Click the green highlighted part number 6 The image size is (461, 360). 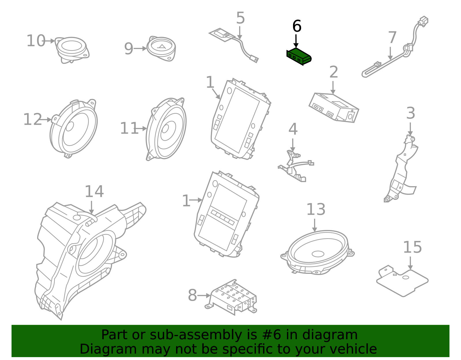click(x=298, y=56)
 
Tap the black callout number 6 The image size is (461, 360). click(x=296, y=26)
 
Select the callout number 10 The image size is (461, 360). click(x=36, y=41)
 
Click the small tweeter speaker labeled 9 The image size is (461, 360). click(x=161, y=48)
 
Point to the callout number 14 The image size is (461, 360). click(x=94, y=192)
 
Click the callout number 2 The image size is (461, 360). click(x=333, y=72)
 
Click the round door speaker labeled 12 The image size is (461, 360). click(x=74, y=128)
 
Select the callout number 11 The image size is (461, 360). click(x=129, y=129)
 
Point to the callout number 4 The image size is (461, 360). click(x=293, y=129)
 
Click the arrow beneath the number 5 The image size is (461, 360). click(x=239, y=33)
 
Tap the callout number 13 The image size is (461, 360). click(x=315, y=210)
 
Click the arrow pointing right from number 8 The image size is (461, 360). click(x=204, y=295)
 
